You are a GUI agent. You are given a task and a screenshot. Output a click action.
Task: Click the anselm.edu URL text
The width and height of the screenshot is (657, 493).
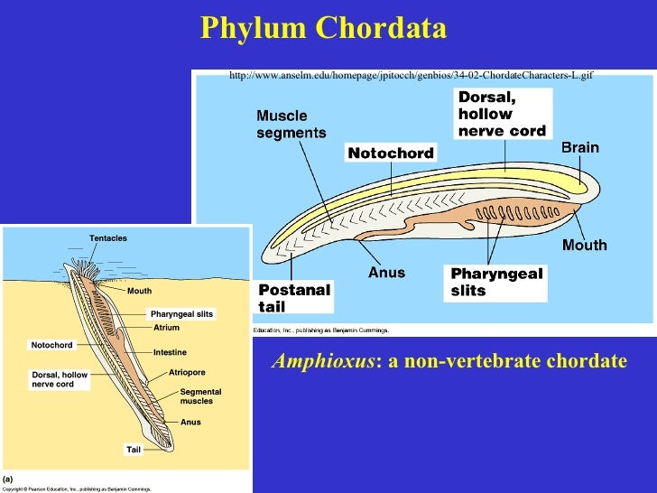pos(411,76)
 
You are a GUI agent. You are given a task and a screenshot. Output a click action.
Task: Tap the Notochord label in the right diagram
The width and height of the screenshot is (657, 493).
pos(391,153)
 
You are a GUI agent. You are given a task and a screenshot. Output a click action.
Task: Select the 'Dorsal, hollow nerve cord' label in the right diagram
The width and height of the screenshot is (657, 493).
pos(501,114)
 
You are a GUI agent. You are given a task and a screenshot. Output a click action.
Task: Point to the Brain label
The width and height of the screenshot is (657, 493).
pos(579,147)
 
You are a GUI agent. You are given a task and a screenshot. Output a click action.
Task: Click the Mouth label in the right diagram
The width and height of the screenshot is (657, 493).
pos(584,245)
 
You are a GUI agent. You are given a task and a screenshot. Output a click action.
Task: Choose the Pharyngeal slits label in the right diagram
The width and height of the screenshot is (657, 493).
pos(496,282)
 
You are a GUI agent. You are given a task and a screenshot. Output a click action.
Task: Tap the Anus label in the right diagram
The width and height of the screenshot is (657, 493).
pos(386,272)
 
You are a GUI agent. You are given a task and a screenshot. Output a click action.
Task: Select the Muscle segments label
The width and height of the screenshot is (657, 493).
pos(291,125)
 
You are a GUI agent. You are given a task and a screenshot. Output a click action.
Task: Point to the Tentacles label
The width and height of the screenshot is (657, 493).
pos(108,238)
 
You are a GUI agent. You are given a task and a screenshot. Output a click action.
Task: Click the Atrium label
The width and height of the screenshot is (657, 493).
pos(166,328)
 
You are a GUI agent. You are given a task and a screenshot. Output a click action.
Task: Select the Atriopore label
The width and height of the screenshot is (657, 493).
pos(187,372)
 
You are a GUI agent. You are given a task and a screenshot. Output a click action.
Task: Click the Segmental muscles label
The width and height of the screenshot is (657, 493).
pos(200,395)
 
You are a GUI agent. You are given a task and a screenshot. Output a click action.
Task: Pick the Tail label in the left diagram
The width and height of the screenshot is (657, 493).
pos(134,449)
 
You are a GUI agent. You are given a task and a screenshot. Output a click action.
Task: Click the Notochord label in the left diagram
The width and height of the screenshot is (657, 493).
pos(51,345)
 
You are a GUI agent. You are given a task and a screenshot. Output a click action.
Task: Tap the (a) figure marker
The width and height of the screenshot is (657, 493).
pos(7,478)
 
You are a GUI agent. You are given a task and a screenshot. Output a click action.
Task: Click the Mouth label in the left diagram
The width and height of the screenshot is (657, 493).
pos(139,292)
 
